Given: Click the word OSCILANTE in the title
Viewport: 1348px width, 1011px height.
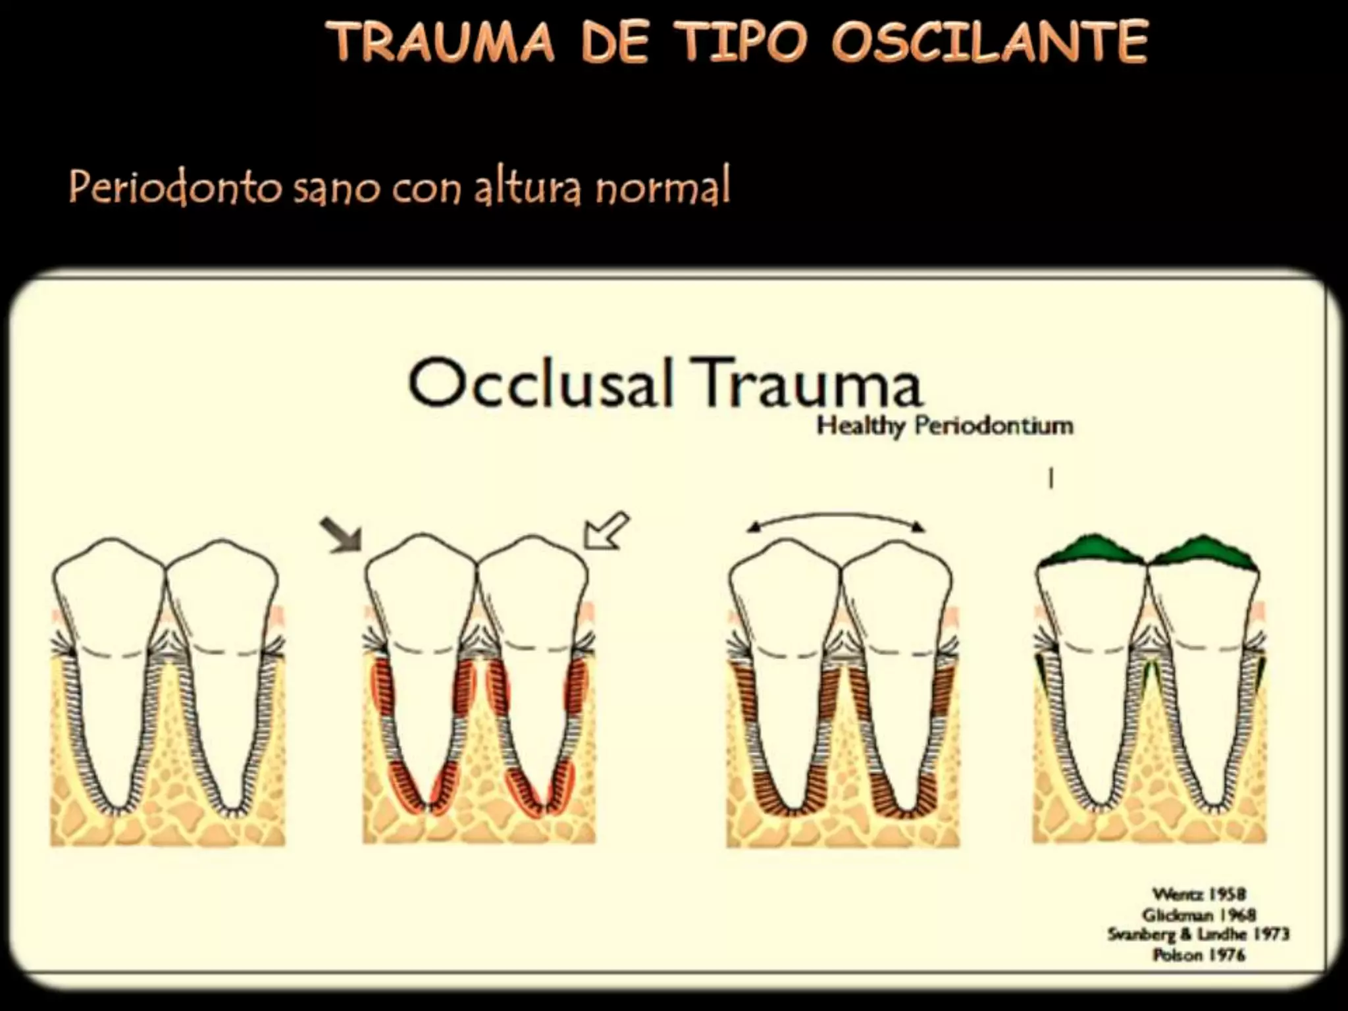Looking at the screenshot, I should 989,43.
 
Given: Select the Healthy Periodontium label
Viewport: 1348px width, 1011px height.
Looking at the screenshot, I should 945,426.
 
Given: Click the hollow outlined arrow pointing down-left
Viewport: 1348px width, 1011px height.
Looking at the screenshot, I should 606,531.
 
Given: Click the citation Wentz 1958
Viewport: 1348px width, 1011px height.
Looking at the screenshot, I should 1199,894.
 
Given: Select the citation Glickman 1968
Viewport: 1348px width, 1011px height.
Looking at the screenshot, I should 1199,914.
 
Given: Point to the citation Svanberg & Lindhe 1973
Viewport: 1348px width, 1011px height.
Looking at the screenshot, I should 1198,934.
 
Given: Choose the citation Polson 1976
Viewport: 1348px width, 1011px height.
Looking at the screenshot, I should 1199,954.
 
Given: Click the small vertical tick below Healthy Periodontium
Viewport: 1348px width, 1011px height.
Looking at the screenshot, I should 1051,478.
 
